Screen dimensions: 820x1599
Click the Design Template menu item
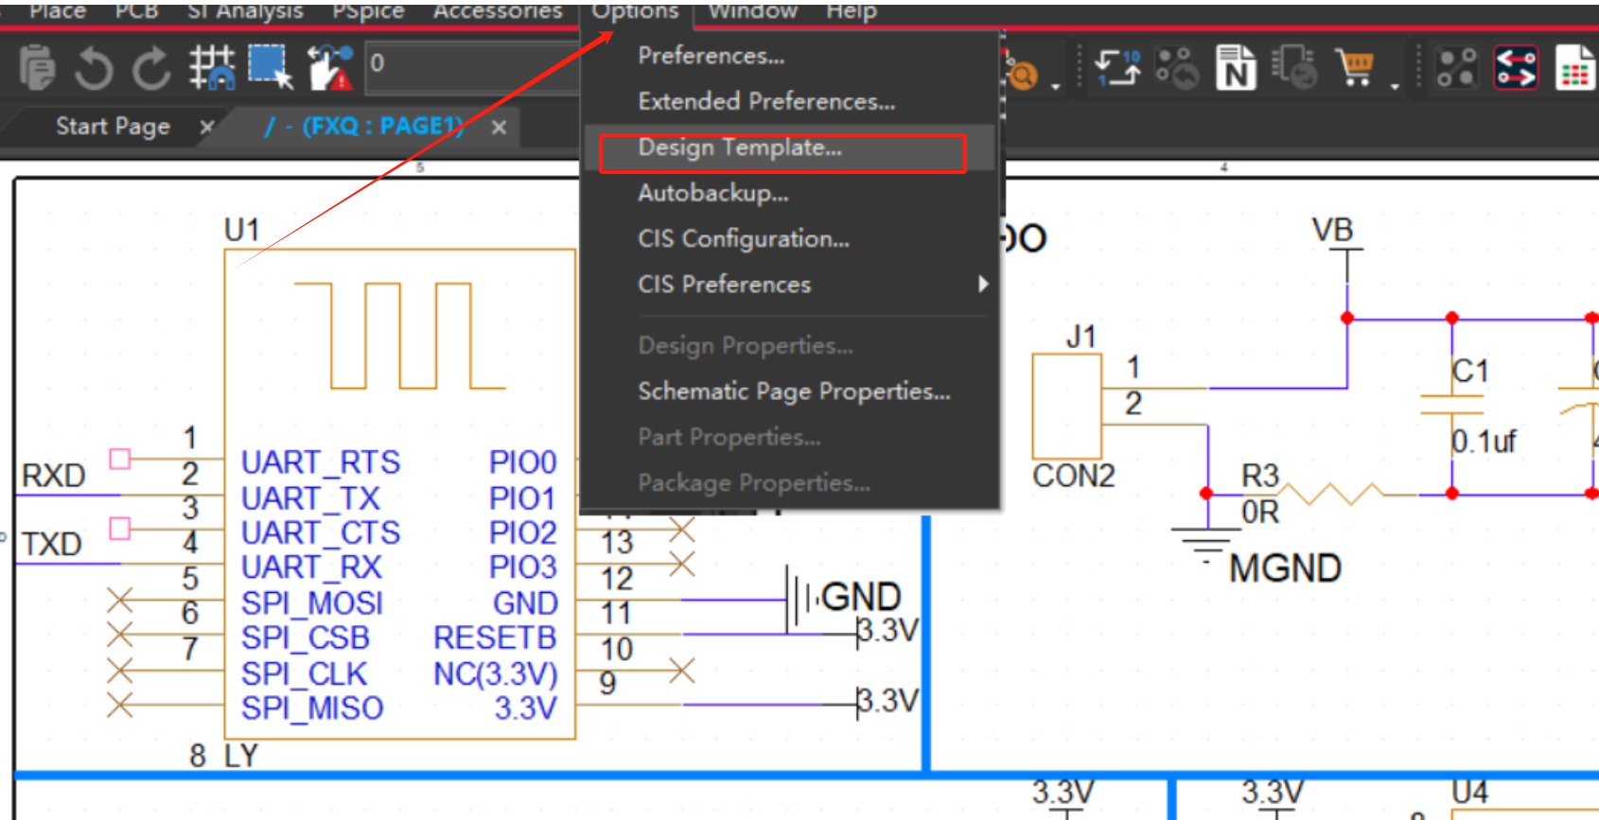[739, 148]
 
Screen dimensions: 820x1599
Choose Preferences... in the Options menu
[711, 57]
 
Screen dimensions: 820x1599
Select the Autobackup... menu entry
[712, 194]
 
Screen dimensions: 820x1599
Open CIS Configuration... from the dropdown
[743, 239]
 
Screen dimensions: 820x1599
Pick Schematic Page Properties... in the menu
[793, 392]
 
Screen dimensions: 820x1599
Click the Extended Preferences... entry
[765, 102]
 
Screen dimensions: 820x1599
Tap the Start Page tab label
[113, 127]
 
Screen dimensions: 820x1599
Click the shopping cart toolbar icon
[1355, 68]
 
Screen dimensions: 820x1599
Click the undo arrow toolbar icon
[93, 68]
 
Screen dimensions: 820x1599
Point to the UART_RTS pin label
[321, 462]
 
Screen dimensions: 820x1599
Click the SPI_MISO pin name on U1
[312, 708]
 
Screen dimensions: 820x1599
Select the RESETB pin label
[495, 638]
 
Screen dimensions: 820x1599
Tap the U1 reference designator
[241, 230]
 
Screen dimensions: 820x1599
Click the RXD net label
[54, 476]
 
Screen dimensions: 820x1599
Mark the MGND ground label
[1284, 568]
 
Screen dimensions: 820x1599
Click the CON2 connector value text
[1073, 476]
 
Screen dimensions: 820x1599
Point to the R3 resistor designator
[1259, 476]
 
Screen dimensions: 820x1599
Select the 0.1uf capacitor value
[1484, 442]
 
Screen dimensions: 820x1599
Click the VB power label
[1332, 230]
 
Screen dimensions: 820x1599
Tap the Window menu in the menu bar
[752, 11]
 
